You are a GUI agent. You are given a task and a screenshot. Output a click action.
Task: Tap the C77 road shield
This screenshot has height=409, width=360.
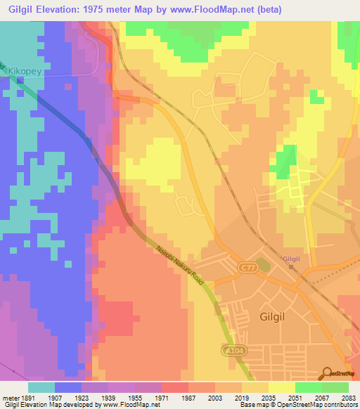coord(247,267)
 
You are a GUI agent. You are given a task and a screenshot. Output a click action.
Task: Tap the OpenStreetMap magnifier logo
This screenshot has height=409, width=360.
coord(328,373)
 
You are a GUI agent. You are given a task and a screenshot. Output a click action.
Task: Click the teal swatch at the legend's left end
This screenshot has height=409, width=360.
coord(41,387)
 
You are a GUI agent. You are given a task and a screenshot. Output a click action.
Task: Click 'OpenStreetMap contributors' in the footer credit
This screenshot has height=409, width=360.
coord(319,405)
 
